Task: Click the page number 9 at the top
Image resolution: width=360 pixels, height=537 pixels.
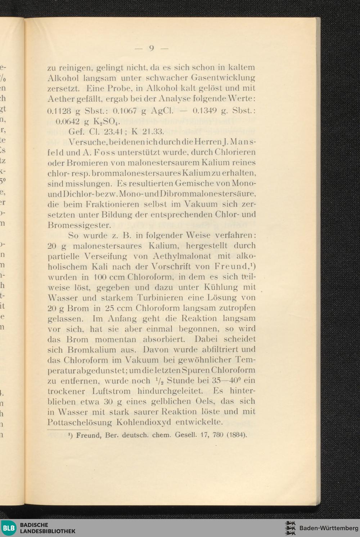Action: point(152,48)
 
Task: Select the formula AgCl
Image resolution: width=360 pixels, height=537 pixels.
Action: point(163,110)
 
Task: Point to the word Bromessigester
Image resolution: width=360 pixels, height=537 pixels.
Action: point(79,225)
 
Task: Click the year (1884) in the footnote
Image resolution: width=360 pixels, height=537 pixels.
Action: point(236,435)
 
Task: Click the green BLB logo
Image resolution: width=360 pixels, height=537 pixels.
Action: point(8,528)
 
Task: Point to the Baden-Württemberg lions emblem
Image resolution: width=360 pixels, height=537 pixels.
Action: point(290,528)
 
